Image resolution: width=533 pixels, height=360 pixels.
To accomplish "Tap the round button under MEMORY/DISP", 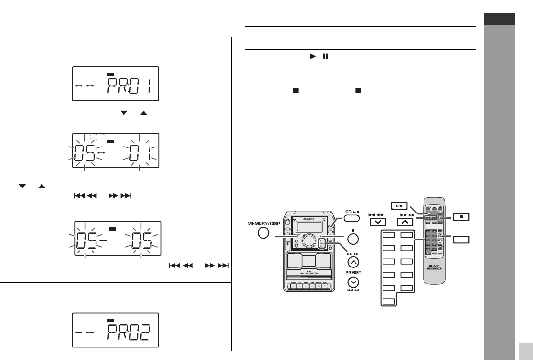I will pos(263,234).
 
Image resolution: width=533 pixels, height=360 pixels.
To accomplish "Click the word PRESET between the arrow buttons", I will pos(353,272).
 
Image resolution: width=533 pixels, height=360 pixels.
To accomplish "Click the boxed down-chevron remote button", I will pos(377,222).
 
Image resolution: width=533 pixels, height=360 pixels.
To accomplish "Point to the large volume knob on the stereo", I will pos(310,240).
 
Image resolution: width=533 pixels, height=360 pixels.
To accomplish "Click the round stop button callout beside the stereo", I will pos(353,240).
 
